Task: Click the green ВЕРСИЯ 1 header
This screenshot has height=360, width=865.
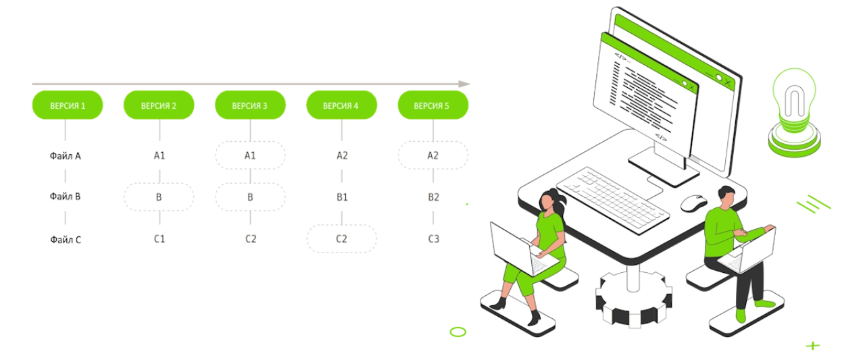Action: tap(68, 106)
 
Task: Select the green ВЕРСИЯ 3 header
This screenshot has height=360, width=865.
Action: tap(249, 106)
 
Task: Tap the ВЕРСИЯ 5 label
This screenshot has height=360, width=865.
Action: tap(431, 106)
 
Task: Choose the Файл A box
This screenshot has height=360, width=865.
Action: tap(66, 155)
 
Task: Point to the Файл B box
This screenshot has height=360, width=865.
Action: tap(66, 197)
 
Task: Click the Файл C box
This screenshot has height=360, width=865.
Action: tap(66, 238)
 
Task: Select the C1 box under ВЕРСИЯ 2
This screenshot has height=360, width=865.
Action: tap(159, 238)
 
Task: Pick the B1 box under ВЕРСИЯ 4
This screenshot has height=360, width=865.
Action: tap(341, 197)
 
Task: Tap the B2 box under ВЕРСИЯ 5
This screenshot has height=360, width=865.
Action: tap(433, 197)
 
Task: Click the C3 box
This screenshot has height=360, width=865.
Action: tap(433, 238)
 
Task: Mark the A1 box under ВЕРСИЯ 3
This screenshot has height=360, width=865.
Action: tap(249, 155)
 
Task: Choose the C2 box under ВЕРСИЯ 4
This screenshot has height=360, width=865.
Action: tap(341, 238)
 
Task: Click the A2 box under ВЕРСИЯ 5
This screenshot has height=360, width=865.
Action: tap(433, 155)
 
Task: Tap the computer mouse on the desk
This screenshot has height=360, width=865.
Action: tap(693, 202)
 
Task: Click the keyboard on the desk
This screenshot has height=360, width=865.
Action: tap(612, 199)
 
